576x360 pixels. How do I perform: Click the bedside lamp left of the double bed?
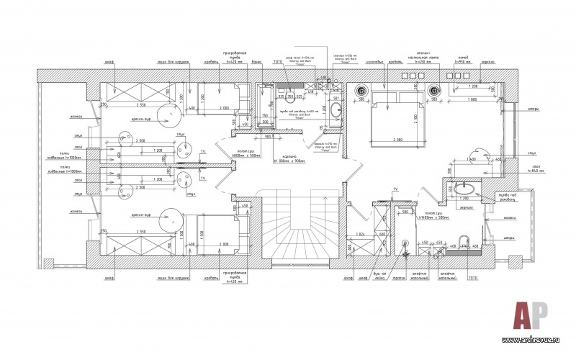[x=361, y=91]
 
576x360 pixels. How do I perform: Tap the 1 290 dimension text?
[x=464, y=198]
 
